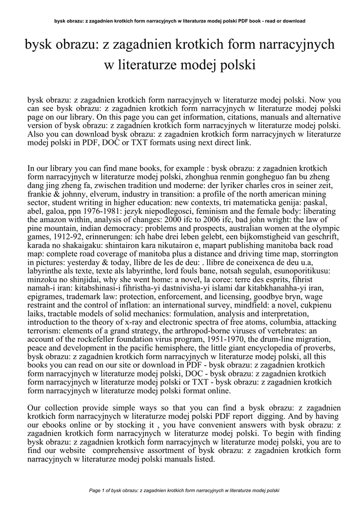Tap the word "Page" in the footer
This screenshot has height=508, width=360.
(x=95, y=491)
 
